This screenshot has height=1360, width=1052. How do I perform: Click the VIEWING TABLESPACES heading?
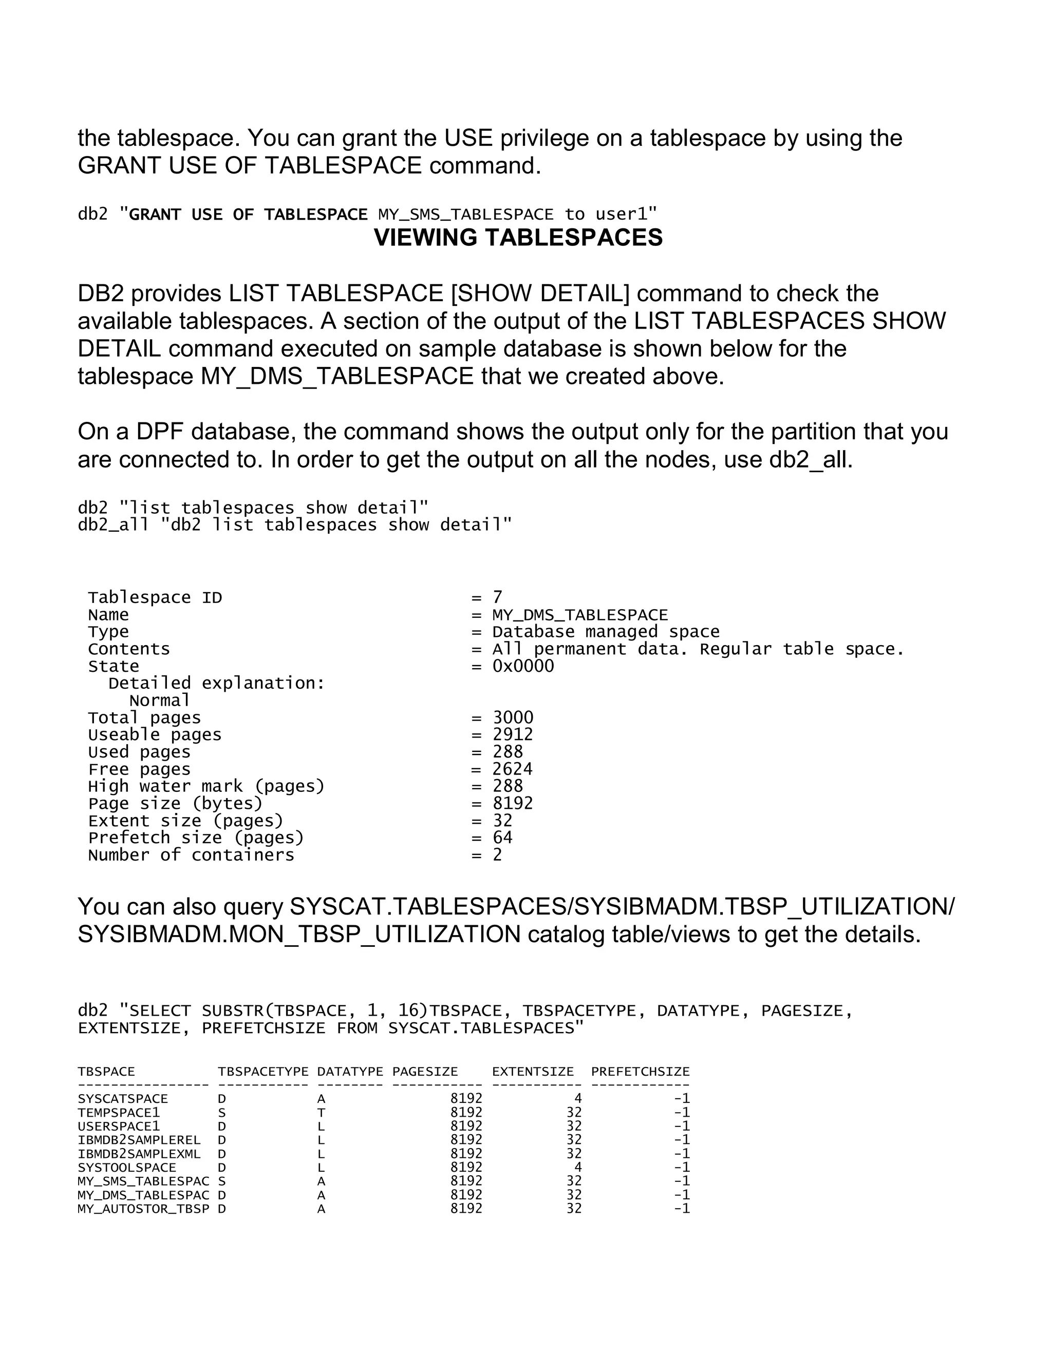click(518, 238)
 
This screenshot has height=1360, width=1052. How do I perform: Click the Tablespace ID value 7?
click(497, 598)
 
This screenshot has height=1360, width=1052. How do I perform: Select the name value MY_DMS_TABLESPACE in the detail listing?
click(579, 615)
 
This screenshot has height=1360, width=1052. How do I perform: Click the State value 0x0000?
click(523, 666)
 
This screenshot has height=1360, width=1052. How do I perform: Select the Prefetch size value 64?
click(502, 838)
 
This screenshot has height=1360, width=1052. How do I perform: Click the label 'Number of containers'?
click(191, 855)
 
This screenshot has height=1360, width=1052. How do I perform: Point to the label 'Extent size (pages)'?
click(186, 821)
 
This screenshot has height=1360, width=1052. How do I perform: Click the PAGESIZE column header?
click(425, 1072)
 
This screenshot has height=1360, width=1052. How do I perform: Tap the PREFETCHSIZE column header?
click(640, 1072)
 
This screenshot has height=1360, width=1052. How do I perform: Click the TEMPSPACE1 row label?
click(119, 1113)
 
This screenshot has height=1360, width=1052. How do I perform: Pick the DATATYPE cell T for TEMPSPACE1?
click(321, 1113)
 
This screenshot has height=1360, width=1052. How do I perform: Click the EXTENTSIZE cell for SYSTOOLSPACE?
click(578, 1168)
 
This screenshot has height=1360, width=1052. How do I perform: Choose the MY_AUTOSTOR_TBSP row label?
click(143, 1209)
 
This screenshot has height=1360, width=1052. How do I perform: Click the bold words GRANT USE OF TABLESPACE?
click(248, 215)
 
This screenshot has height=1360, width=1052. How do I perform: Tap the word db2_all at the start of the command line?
click(113, 525)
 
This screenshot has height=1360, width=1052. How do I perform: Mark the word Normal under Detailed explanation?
click(160, 701)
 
